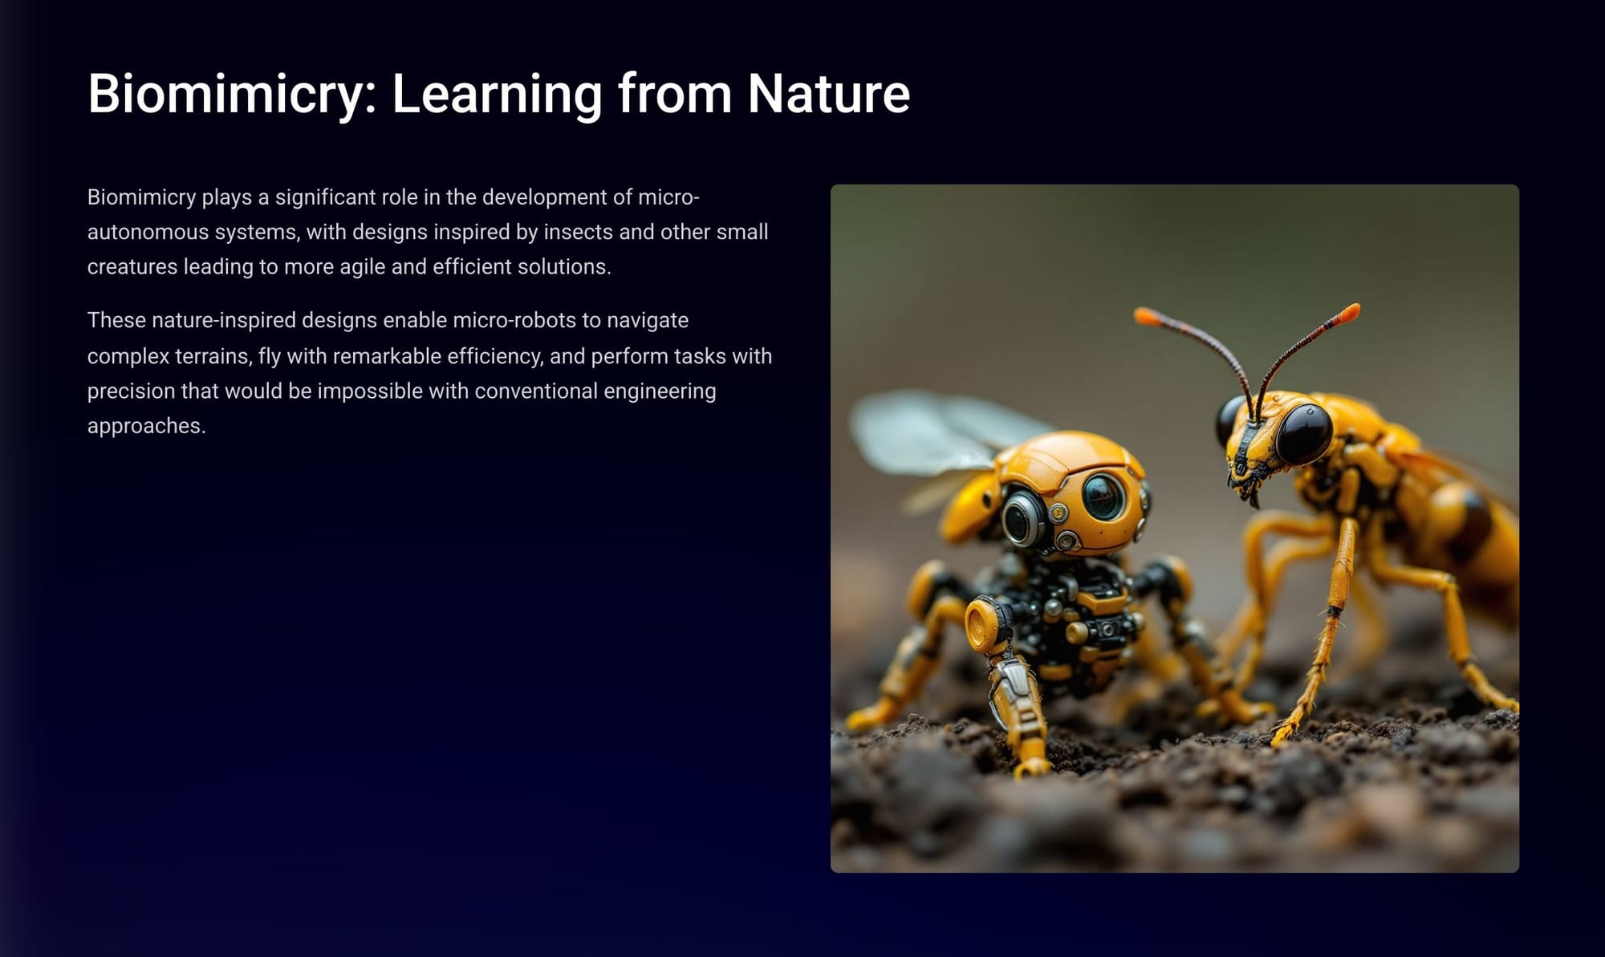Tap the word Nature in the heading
(x=829, y=93)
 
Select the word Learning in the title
(x=497, y=95)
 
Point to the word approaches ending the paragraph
(x=146, y=426)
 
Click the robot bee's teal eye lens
(x=1103, y=497)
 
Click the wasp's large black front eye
(x=1304, y=434)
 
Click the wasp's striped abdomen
(x=1469, y=521)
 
